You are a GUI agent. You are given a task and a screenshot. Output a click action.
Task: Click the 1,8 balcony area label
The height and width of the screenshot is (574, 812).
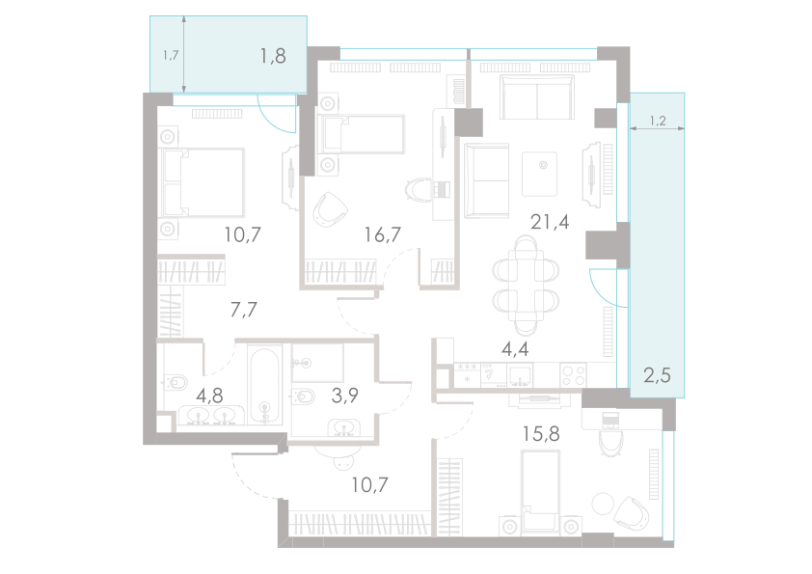tap(273, 56)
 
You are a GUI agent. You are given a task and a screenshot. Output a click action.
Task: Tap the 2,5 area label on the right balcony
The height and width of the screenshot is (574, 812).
tap(657, 374)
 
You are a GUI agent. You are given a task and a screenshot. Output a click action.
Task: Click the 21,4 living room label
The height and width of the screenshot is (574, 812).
tap(550, 222)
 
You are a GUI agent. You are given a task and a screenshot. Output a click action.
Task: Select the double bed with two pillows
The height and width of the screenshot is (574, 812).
tap(205, 181)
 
